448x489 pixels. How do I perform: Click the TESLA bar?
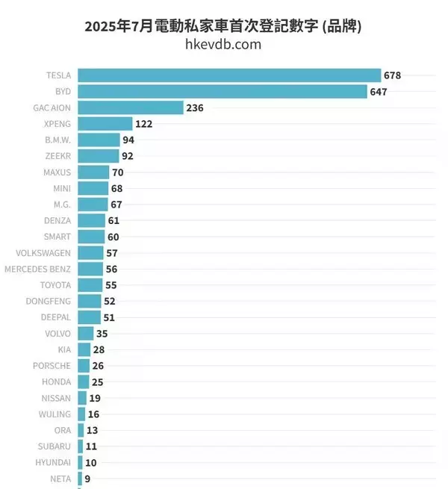[x=229, y=75]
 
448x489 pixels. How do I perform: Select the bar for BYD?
[x=222, y=92]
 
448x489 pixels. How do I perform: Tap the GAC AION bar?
[x=130, y=108]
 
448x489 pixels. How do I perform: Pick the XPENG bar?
[x=105, y=124]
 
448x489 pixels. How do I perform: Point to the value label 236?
[x=195, y=108]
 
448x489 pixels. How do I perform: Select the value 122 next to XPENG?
[x=144, y=124]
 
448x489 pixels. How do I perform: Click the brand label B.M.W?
[x=57, y=140]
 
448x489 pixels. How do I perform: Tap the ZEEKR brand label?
[x=57, y=156]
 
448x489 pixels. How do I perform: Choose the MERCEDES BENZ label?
[x=37, y=269]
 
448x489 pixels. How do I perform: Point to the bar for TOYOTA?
[x=90, y=285]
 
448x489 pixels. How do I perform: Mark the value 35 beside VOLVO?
[x=103, y=334]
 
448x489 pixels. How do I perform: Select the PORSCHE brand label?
[x=52, y=366]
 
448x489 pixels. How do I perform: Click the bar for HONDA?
[x=84, y=381]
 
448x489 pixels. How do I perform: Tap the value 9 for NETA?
[x=87, y=479]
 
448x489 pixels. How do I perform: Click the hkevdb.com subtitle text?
[x=223, y=45]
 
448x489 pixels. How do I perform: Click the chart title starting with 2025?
[x=223, y=26]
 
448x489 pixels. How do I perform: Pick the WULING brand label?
[x=55, y=414]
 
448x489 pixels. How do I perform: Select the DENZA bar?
[x=91, y=220]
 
